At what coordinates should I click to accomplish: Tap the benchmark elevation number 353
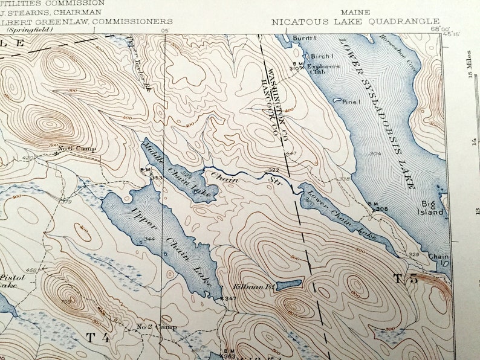(x=156, y=178)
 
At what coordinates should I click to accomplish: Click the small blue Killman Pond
(x=289, y=284)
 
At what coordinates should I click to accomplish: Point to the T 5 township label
(x=405, y=279)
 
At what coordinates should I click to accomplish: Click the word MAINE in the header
(x=355, y=11)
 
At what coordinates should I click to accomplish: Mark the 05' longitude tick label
(x=164, y=29)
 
